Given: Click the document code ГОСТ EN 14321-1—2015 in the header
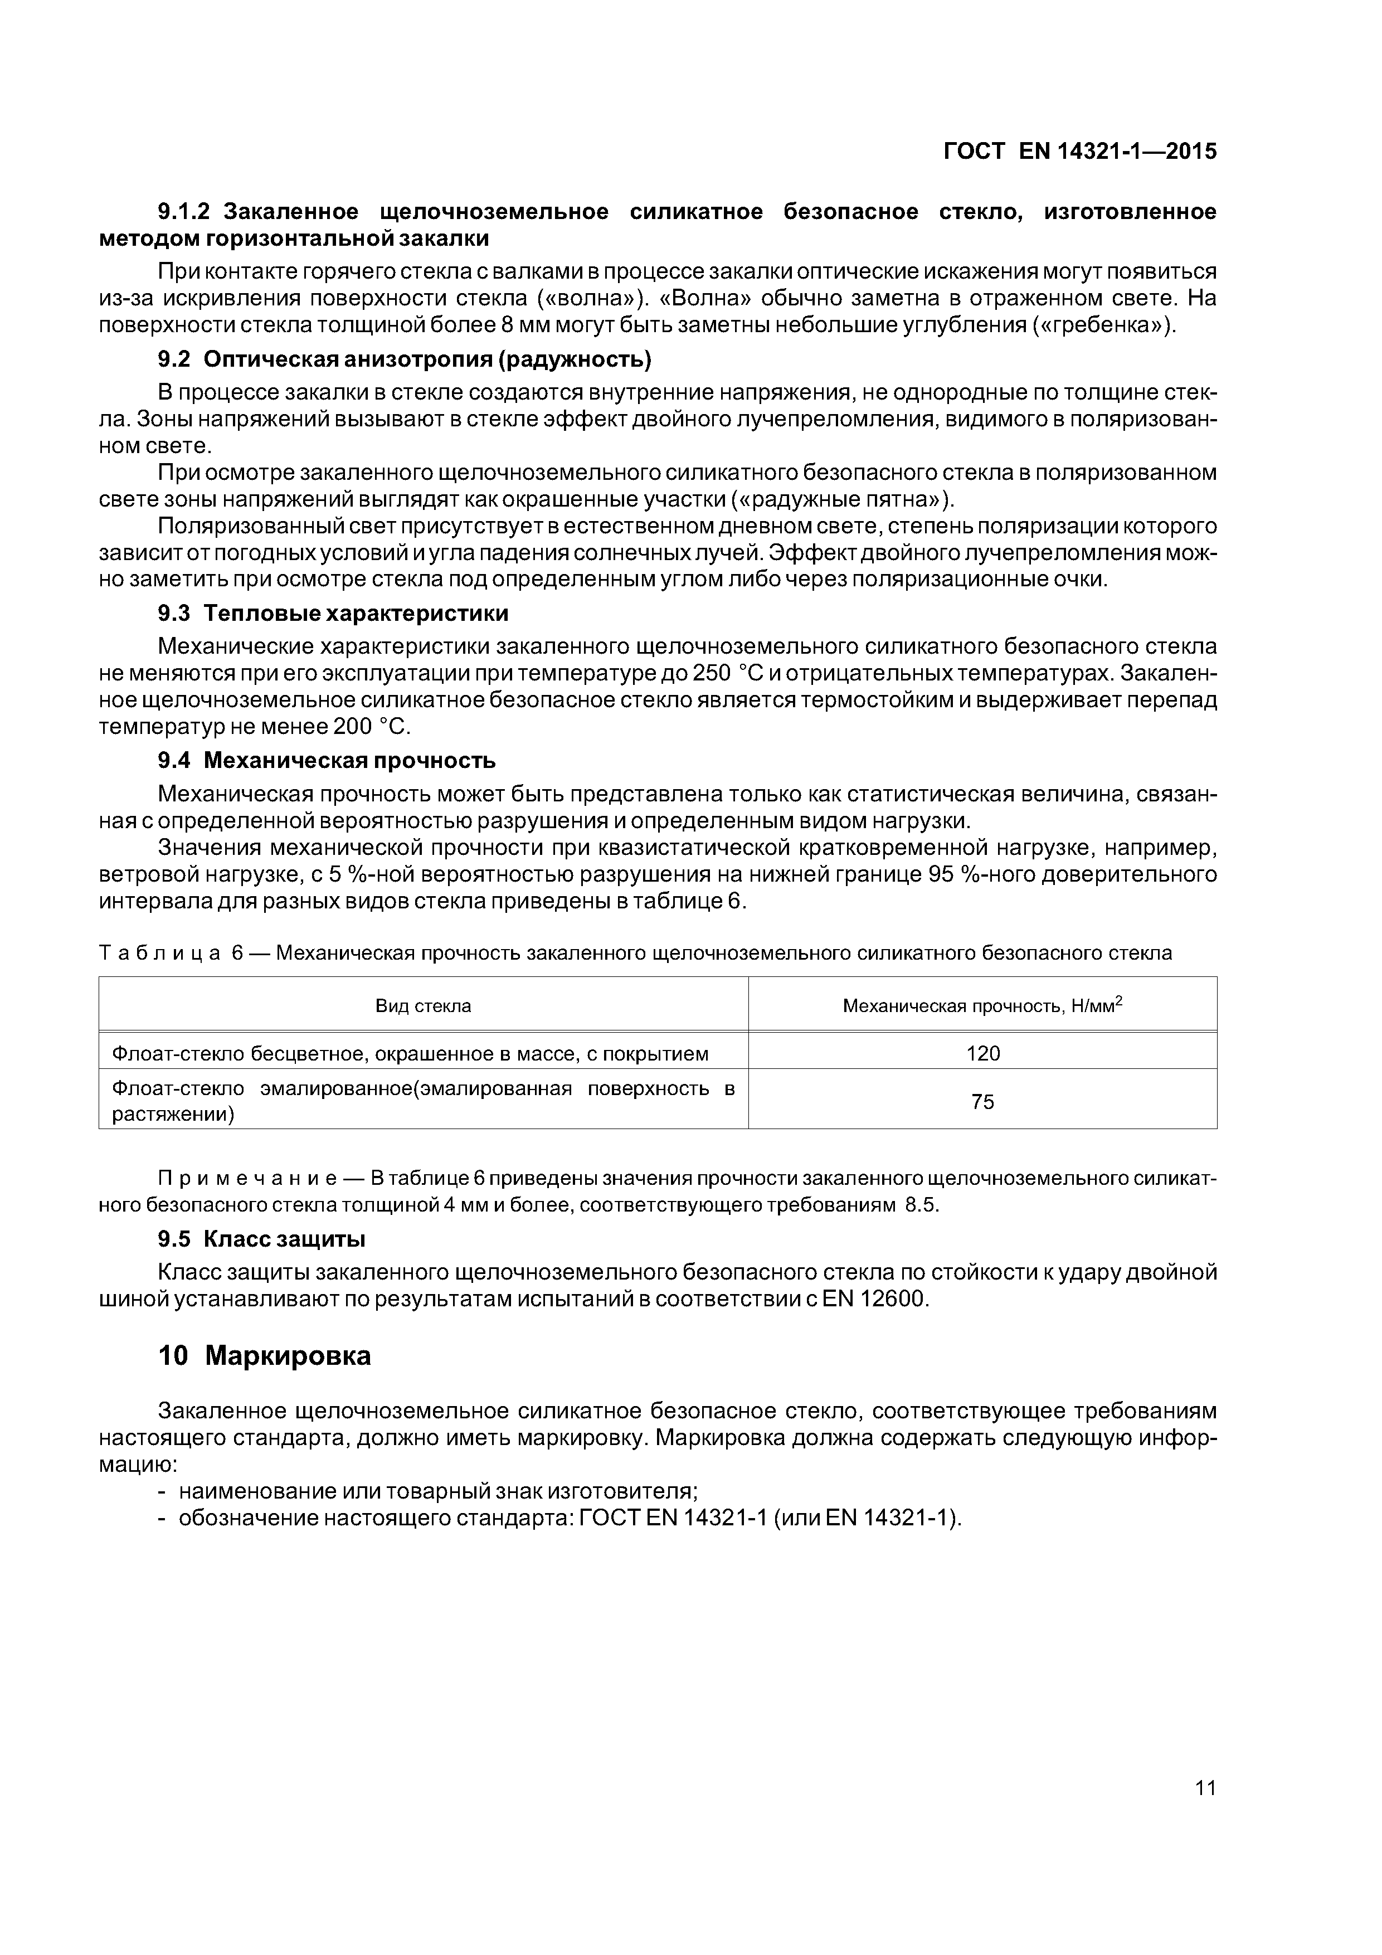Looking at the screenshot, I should click(1080, 152).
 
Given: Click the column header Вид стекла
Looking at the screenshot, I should click(423, 1005).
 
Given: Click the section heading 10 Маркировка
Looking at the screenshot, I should click(264, 1355).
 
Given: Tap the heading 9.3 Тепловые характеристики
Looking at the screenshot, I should click(333, 613).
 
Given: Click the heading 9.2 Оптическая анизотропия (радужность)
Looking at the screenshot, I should click(405, 359).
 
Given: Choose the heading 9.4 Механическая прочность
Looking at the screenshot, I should click(326, 760).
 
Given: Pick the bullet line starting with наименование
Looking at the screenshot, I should click(437, 1491).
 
